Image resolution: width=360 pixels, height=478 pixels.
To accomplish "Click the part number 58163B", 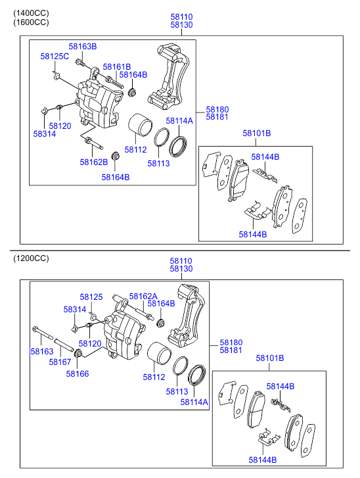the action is coord(83,46).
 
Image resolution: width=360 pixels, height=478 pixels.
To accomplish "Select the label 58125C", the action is coord(55,57).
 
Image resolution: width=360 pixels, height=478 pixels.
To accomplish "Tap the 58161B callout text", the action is coord(117,67).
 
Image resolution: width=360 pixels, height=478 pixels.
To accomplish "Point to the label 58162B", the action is coord(94,162).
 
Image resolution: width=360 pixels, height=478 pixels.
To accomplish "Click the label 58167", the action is coord(60,362).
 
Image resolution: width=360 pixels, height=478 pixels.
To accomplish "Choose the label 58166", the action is coord(78,373).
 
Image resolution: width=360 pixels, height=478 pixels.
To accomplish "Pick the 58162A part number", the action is coord(143,297).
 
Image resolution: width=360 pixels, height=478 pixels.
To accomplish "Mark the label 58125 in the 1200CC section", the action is coord(91,297).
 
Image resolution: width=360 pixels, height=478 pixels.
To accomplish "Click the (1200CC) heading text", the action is coord(31,258).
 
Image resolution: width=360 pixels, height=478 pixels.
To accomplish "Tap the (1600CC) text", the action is coord(31,22).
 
